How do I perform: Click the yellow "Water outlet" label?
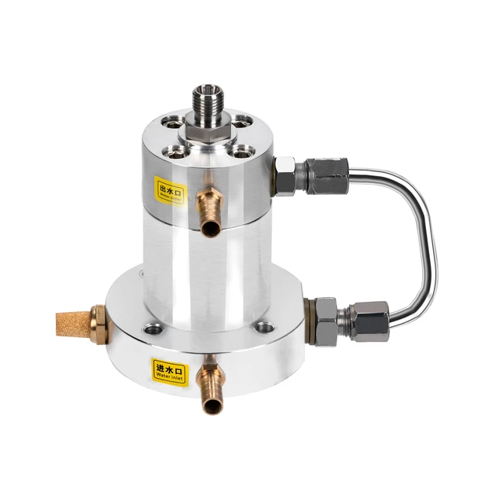click(x=170, y=189)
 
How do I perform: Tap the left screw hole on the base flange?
click(x=152, y=331)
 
